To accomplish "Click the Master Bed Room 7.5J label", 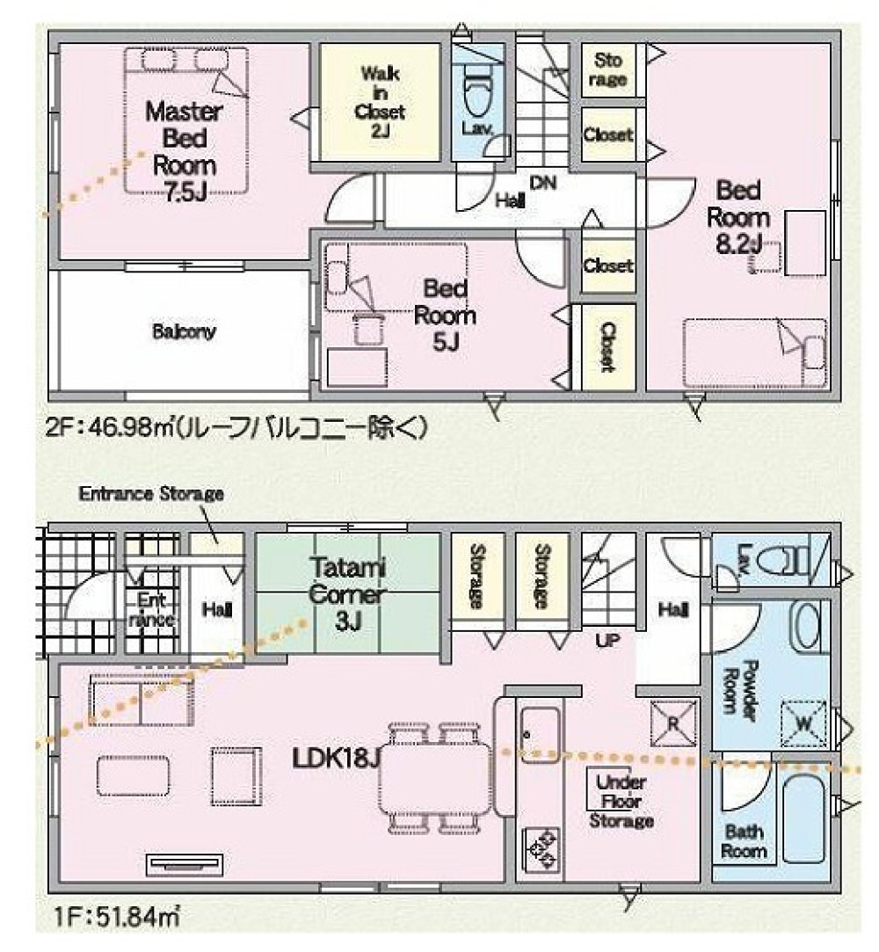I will pos(184,151).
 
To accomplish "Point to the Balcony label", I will pos(184,332).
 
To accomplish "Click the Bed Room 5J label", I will pos(445,315).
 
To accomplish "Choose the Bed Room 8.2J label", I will pos(737,217).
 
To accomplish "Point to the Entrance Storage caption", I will pos(151,493).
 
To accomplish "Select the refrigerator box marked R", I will pos(673,722).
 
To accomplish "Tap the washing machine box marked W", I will pos(803,723).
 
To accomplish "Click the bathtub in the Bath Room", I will pos(803,818).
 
